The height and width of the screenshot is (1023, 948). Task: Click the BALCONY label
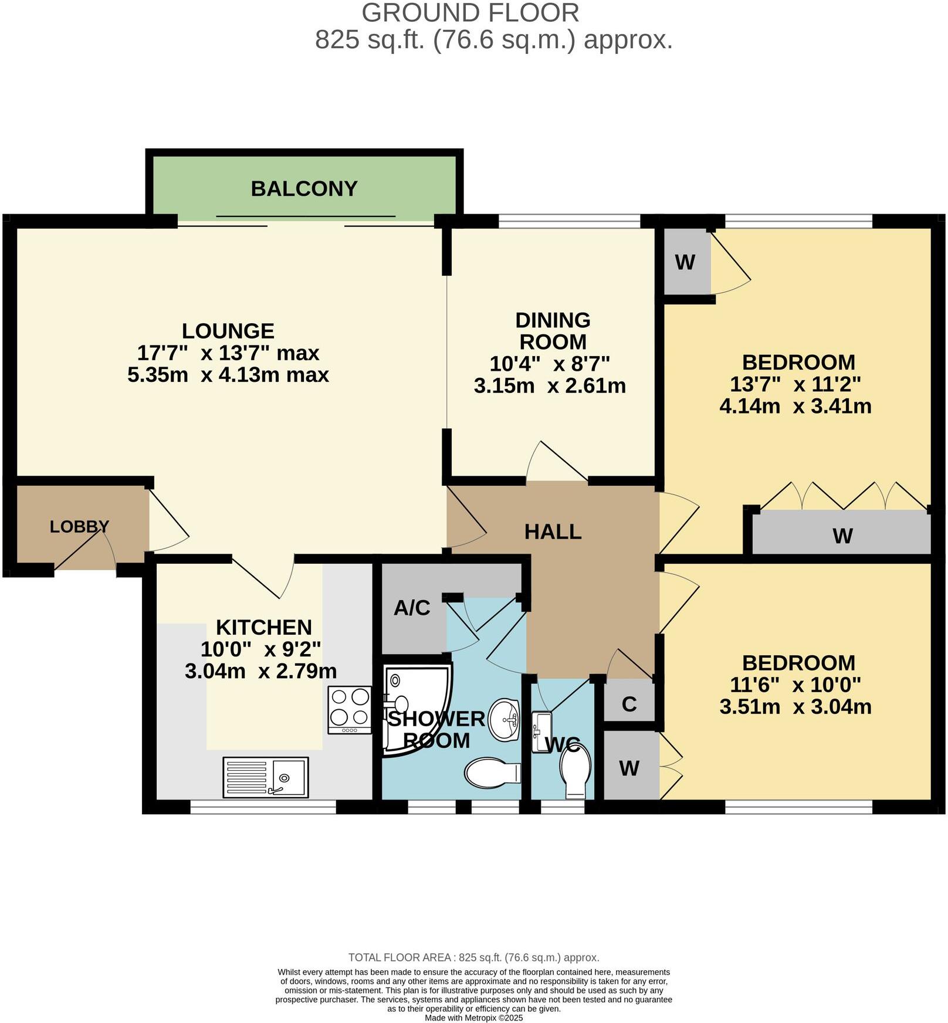coord(304,189)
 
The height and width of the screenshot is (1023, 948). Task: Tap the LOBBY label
coord(79,527)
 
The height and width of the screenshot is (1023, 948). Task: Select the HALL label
coord(553,532)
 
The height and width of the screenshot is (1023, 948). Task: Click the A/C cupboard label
coord(412,608)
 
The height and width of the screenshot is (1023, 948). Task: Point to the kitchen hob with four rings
coord(350,709)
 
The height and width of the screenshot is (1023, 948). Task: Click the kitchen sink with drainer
coord(266,778)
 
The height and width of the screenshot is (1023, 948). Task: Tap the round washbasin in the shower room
coord(505,719)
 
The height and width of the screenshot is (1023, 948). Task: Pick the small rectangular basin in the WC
coord(540,731)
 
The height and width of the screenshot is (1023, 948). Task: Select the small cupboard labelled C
coord(629,704)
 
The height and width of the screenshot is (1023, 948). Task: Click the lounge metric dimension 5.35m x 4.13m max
coord(228,375)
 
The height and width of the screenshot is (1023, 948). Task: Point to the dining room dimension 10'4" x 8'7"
coord(550,364)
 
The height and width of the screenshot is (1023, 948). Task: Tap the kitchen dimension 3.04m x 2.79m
coord(260,671)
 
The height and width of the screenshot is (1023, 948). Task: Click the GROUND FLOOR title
coord(470,13)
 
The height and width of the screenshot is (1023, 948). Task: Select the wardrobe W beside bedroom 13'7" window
coord(685,262)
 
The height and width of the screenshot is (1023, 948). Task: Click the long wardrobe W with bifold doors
coord(842,535)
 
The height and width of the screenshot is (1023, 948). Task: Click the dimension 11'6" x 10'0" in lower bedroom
coord(795,685)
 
